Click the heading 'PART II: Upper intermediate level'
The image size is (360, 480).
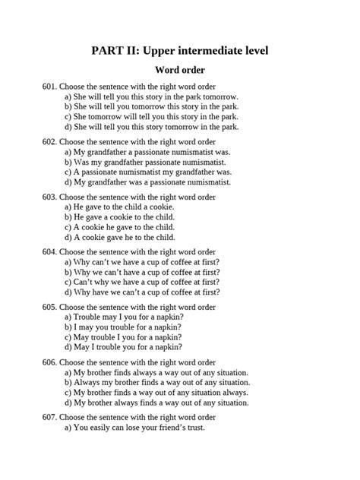[x=180, y=51]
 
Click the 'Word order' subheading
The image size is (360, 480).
[x=180, y=71]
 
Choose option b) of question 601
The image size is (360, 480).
[x=151, y=107]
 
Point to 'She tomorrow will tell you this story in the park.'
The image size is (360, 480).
[x=151, y=117]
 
